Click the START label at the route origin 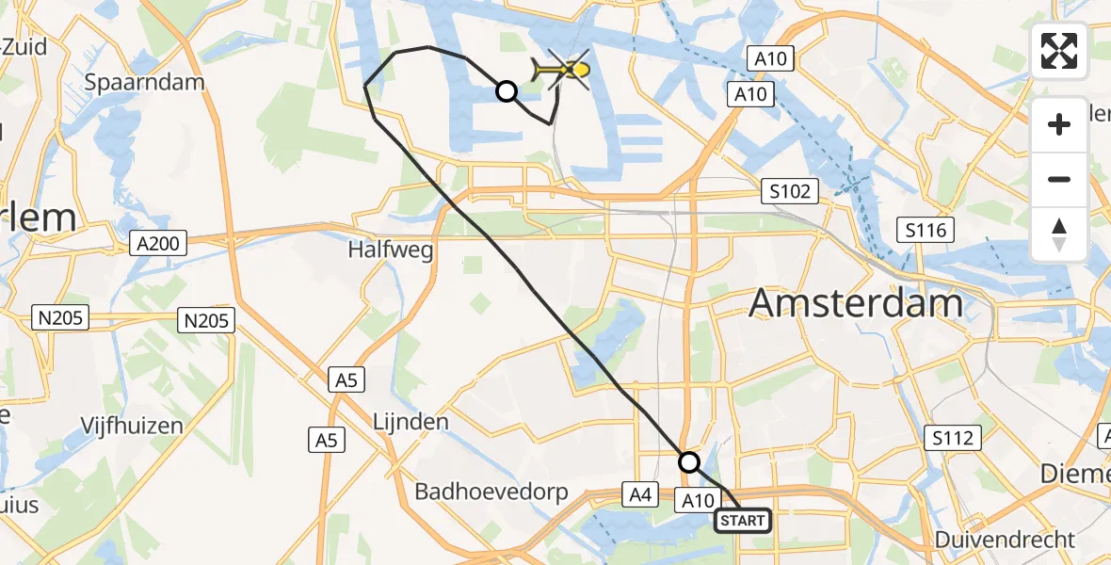743,520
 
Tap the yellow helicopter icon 561,70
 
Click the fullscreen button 1059,51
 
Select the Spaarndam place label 144,82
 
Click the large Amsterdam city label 856,303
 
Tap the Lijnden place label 411,421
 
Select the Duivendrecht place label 1005,540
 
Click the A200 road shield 159,245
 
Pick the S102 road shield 789,192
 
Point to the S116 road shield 926,229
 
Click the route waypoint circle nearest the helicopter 507,91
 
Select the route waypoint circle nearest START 689,462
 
